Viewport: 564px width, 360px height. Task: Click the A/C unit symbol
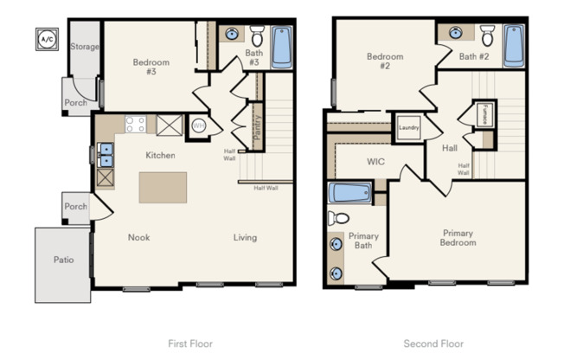[45, 38]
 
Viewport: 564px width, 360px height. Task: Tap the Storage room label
[84, 47]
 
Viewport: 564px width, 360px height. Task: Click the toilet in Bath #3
[257, 36]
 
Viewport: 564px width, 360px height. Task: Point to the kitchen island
[163, 187]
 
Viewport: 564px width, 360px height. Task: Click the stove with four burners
[135, 125]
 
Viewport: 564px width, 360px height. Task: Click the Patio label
[62, 260]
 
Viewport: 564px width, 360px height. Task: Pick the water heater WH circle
[198, 125]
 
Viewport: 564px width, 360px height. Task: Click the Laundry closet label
[408, 128]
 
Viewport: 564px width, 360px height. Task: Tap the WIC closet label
[375, 161]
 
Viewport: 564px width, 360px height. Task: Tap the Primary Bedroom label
[458, 237]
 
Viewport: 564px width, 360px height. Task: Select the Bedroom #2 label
[385, 62]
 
